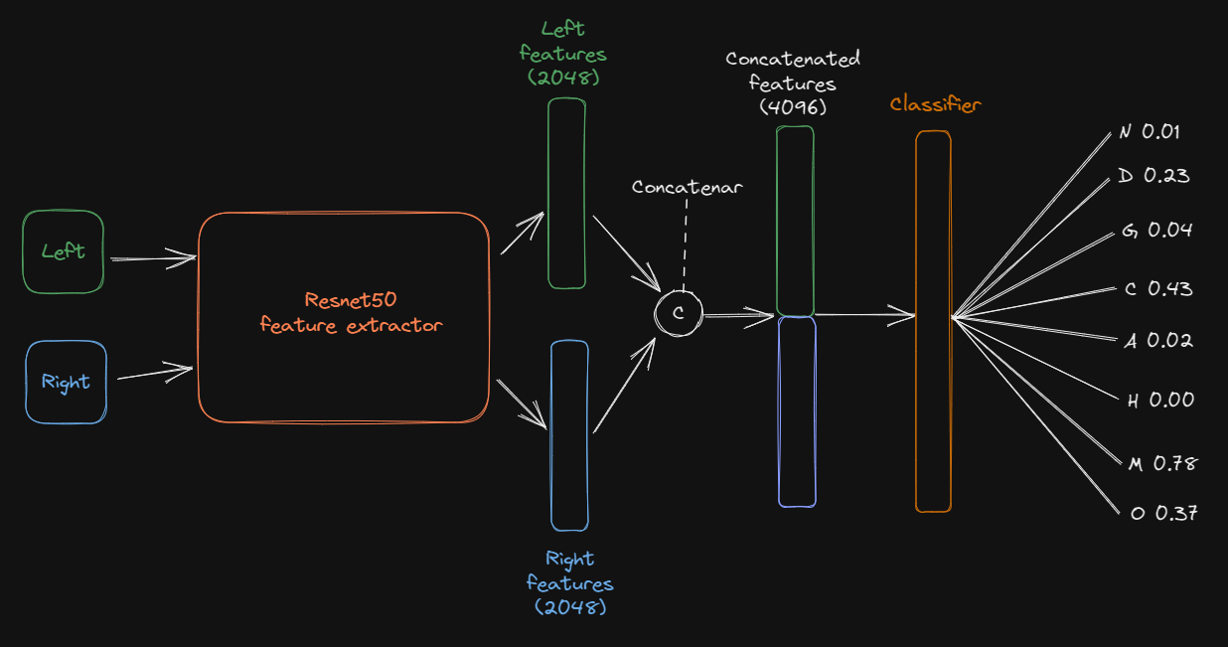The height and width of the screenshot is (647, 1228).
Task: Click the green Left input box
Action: click(x=63, y=251)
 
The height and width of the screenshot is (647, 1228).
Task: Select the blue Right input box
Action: click(x=66, y=383)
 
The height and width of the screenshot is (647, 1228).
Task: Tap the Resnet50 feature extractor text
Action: click(x=351, y=312)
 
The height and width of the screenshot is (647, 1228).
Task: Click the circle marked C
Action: click(x=678, y=313)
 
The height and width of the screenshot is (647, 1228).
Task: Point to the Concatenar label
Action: click(x=687, y=187)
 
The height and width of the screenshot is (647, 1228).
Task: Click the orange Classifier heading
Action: click(x=935, y=104)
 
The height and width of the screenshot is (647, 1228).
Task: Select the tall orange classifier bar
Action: click(x=933, y=321)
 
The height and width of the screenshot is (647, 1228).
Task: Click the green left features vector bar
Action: click(x=566, y=194)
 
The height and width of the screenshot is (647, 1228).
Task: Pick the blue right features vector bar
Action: click(x=569, y=435)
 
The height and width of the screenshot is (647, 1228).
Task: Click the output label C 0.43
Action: click(x=1157, y=289)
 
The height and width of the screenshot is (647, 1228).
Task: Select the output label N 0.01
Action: click(x=1150, y=132)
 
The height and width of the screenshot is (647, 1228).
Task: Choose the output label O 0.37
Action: click(x=1163, y=514)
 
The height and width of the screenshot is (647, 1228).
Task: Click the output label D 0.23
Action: click(x=1152, y=176)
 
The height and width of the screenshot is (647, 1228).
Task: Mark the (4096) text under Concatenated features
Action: click(x=793, y=105)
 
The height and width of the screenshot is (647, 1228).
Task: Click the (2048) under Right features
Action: click(x=569, y=605)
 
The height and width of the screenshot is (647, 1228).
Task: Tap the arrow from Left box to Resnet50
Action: click(x=153, y=258)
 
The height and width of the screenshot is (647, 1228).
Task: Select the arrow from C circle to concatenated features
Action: click(x=738, y=317)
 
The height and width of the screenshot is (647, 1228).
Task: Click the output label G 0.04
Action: click(x=1156, y=231)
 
